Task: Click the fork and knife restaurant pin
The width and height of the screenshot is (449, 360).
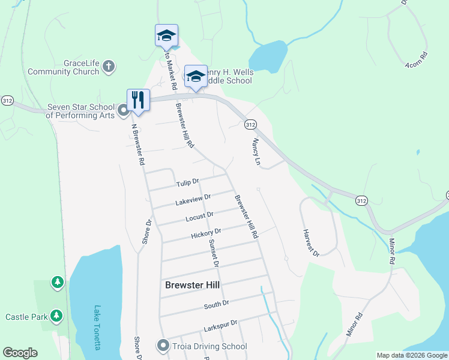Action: (x=138, y=100)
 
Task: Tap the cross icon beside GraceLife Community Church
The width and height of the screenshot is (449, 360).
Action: (x=109, y=66)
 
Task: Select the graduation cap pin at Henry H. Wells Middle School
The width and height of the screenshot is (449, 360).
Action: (x=196, y=76)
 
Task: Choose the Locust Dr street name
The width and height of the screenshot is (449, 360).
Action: (x=200, y=215)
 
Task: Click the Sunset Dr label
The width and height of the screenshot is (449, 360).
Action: (x=212, y=253)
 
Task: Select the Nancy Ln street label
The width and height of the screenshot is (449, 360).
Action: (x=256, y=152)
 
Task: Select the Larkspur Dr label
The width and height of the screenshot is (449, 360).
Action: (x=221, y=323)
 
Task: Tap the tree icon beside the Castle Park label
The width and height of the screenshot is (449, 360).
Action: (x=56, y=315)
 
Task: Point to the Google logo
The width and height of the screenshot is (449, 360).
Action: (x=20, y=353)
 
